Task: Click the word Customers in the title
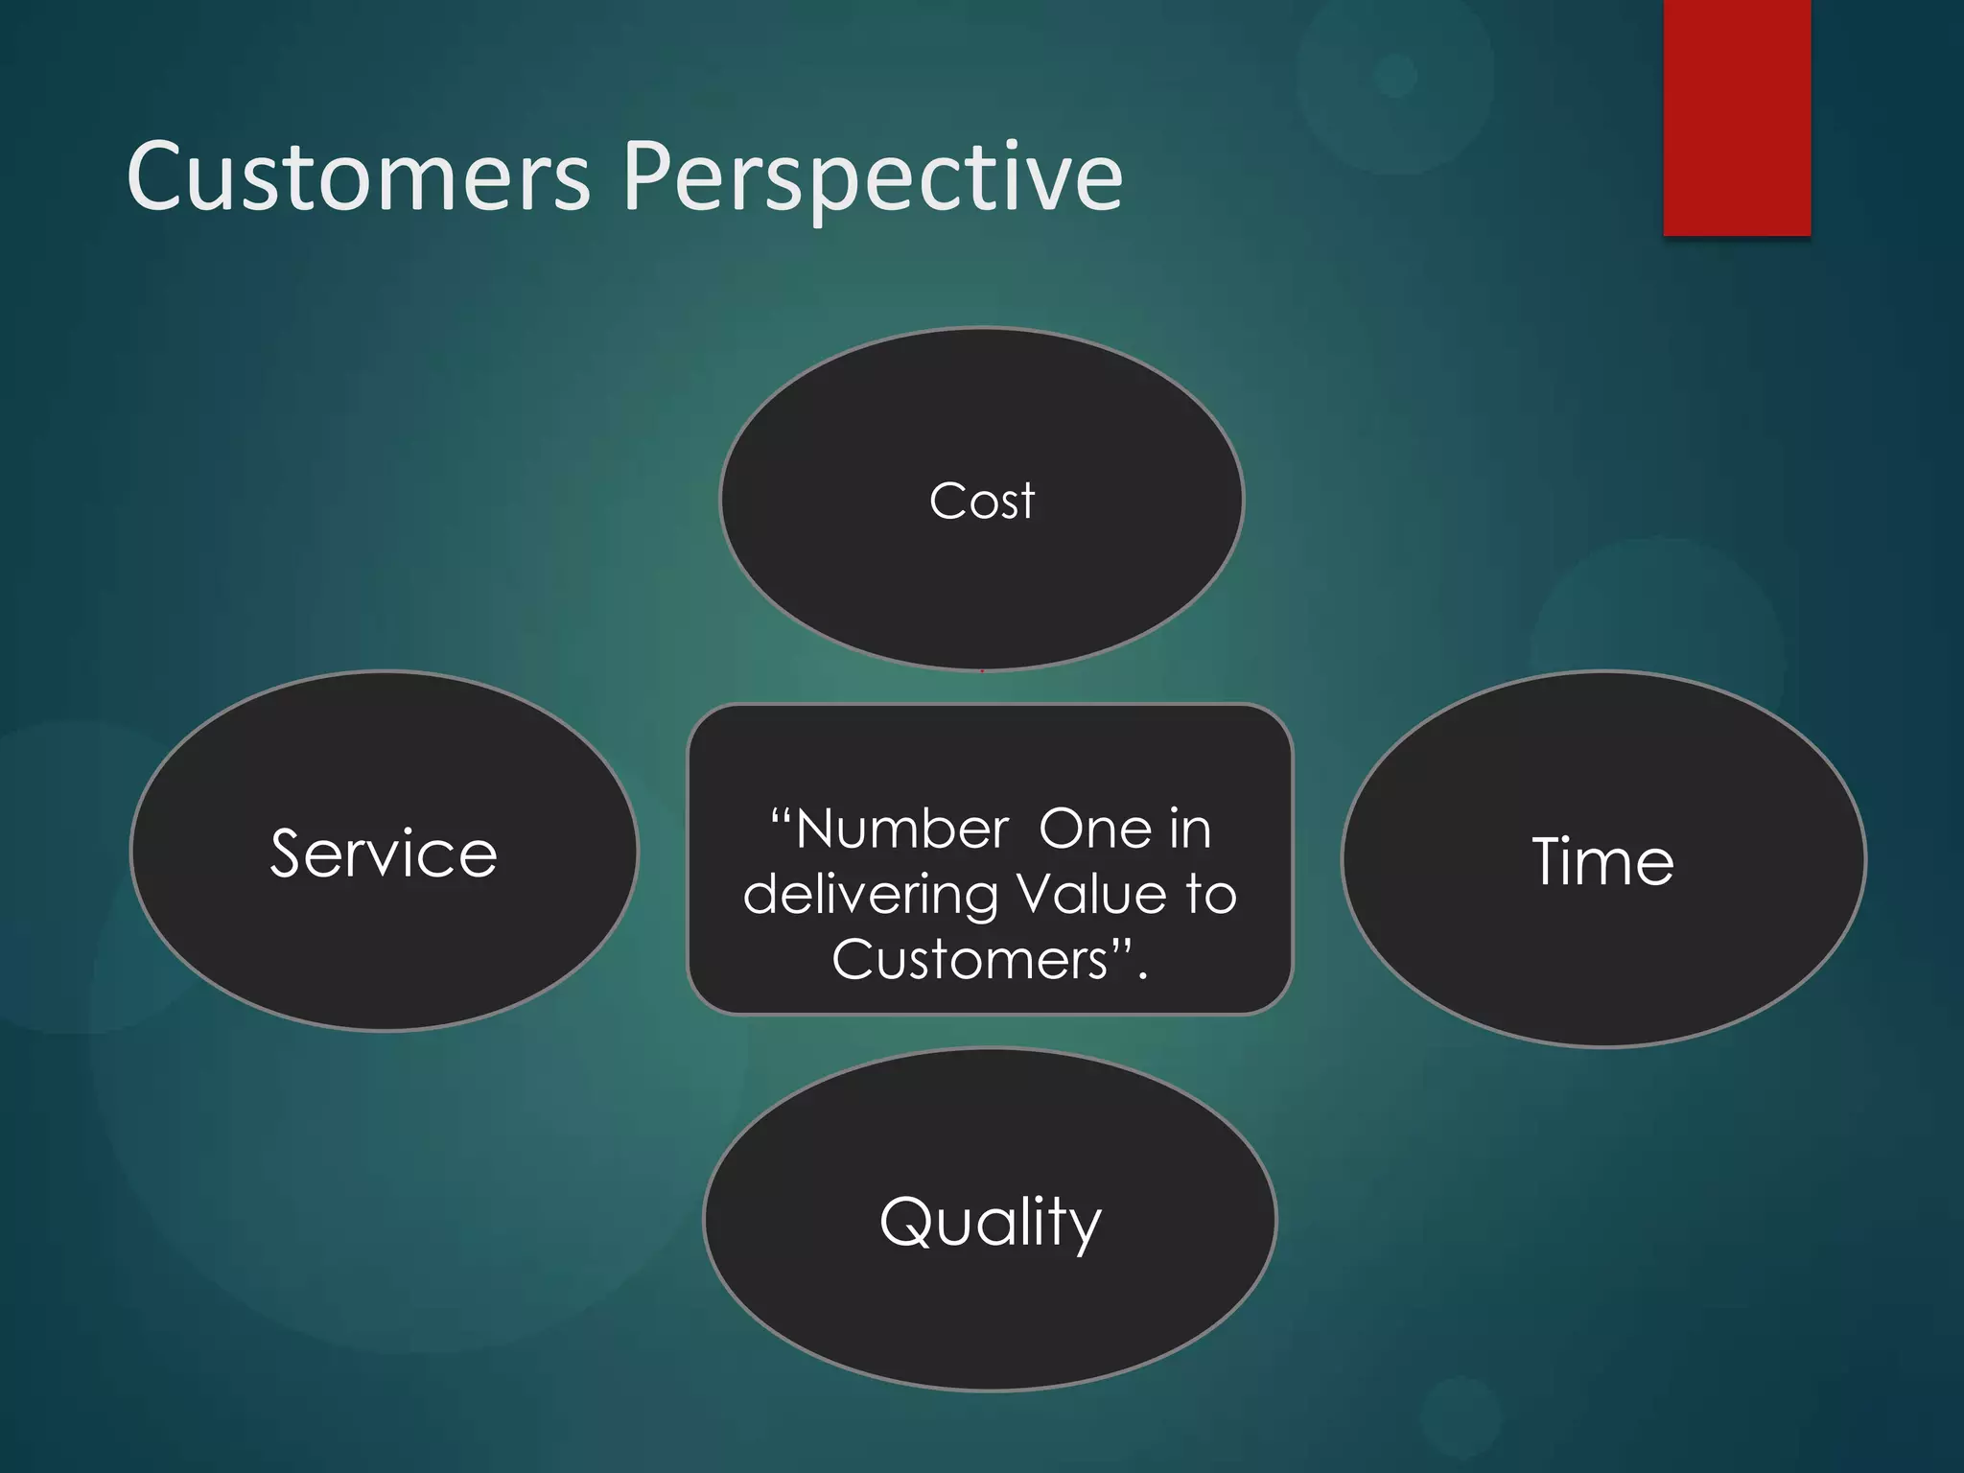359,176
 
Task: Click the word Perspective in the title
873,178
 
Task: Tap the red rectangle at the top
1736,117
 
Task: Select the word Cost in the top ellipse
982,502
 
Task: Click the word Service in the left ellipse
384,853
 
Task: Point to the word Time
1602,861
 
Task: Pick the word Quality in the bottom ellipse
990,1223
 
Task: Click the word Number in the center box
901,830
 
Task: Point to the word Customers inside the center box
970,960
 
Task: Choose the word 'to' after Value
1210,894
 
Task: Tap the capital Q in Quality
905,1222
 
